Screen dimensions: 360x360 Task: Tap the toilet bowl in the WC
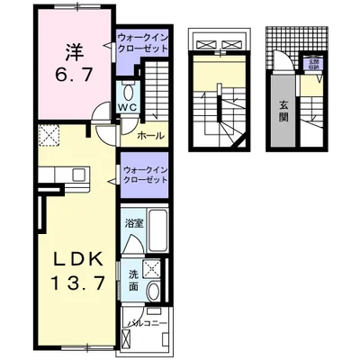point(128,92)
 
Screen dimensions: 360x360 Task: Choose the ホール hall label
point(150,135)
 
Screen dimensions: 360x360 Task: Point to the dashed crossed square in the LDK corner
point(49,136)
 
